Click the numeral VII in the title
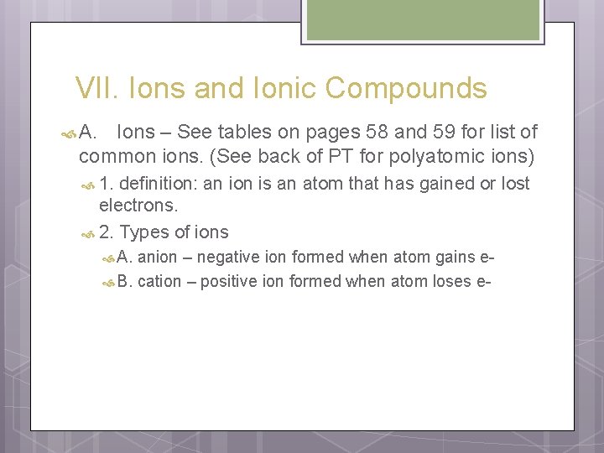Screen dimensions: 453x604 click(92, 88)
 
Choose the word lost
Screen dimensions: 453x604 click(515, 184)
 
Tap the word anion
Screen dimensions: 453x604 click(157, 258)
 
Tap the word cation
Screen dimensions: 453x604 click(159, 282)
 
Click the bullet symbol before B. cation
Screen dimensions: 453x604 click(107, 283)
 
